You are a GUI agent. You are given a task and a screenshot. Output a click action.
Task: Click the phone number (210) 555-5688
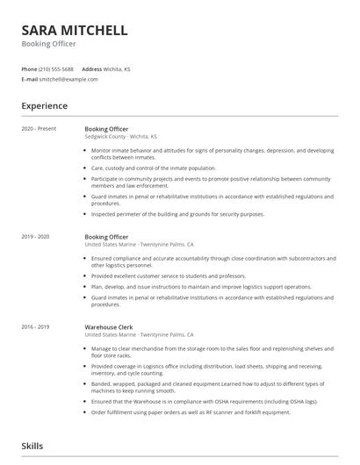(x=56, y=68)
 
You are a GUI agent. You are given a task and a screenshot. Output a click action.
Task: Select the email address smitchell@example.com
(x=68, y=79)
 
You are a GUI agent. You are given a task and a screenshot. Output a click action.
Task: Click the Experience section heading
(x=44, y=106)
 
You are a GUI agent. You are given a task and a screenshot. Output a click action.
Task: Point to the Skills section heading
(x=32, y=446)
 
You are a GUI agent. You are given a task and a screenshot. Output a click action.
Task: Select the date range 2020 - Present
(x=39, y=129)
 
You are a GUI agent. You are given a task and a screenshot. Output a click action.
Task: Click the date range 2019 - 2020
(x=35, y=237)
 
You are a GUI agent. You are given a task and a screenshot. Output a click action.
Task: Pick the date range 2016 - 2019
(x=35, y=326)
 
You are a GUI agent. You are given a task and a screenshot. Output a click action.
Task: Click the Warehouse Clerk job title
(x=109, y=326)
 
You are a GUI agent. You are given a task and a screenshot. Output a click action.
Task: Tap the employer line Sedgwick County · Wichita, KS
(x=121, y=137)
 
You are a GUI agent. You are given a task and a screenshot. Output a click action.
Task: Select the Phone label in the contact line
(x=29, y=68)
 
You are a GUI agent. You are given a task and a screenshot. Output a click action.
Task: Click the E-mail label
(x=30, y=79)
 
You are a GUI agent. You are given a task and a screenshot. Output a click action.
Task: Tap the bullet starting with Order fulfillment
(x=189, y=411)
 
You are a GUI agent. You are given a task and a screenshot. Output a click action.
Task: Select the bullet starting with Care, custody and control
(x=154, y=167)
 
